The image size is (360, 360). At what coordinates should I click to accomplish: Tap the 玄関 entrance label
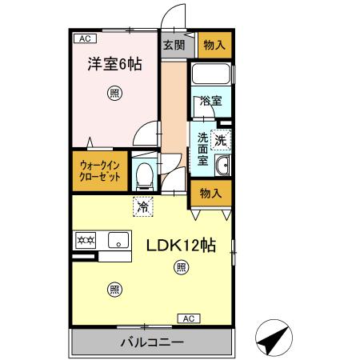(x=174, y=45)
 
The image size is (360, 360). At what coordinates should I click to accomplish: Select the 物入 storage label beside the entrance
(x=213, y=45)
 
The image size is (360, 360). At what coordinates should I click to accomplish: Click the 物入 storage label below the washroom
(x=210, y=194)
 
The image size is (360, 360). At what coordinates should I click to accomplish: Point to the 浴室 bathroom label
(x=211, y=102)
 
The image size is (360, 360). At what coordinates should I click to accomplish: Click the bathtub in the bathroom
(x=211, y=77)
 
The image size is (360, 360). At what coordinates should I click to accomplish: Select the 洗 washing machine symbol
(x=222, y=138)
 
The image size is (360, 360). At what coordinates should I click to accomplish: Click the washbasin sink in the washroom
(x=222, y=166)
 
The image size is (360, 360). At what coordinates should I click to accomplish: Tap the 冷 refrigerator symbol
(x=143, y=205)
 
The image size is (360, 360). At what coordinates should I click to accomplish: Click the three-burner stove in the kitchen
(x=86, y=238)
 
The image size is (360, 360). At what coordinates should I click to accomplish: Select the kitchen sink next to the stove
(x=118, y=238)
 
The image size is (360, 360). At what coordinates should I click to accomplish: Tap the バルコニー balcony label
(x=152, y=342)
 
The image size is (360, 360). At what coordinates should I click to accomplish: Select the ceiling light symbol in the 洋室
(x=116, y=94)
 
